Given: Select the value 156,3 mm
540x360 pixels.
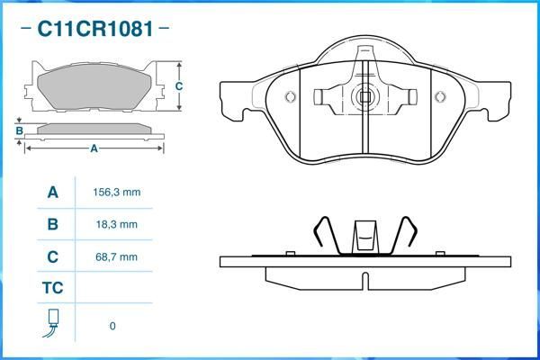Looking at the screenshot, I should coord(117,193).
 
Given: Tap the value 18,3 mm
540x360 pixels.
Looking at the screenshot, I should coord(117,224).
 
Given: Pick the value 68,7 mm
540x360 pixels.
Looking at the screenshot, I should coord(117,256).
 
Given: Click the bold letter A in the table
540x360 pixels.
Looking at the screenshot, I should coord(52,193).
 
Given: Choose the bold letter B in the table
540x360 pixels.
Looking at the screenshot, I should coord(52,224).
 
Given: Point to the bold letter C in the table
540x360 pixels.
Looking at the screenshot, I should coord(52,256).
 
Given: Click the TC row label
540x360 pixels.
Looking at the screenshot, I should coord(52,288).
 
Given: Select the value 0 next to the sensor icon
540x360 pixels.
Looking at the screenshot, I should coord(112,326).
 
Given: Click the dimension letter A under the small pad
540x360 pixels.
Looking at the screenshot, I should coord(94,149).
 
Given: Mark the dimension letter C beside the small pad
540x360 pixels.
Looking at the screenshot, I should coord(179,86).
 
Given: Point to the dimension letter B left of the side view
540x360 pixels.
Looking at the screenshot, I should coord(19,131).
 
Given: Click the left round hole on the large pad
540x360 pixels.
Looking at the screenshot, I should coord(290,98).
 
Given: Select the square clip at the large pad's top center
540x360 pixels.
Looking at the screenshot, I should coord(364,95).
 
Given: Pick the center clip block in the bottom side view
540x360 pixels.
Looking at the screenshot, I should coord(364,236).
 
